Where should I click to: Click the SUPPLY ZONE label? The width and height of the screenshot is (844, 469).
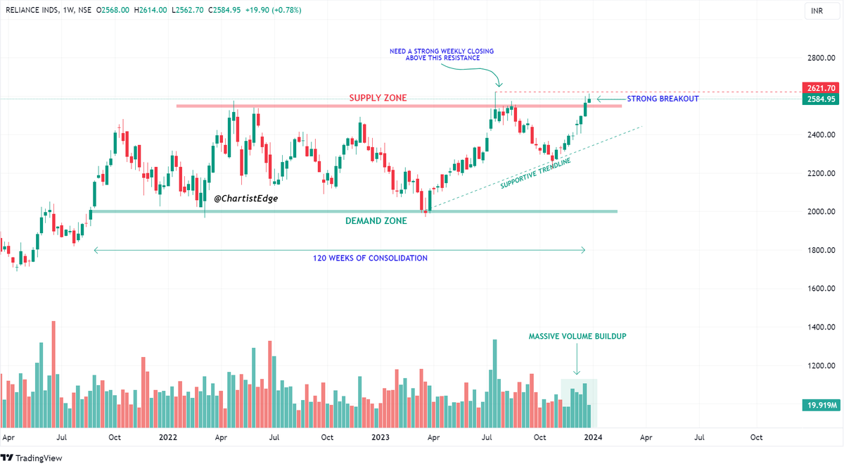click(x=378, y=98)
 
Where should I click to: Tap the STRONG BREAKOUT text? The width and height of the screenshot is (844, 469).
click(x=663, y=99)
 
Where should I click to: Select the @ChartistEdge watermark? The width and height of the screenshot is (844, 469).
click(x=245, y=199)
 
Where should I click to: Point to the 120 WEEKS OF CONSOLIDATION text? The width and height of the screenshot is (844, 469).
click(x=370, y=258)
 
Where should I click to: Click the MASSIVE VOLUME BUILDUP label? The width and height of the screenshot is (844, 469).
click(x=577, y=337)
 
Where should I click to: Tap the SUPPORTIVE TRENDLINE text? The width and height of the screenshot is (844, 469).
click(x=535, y=173)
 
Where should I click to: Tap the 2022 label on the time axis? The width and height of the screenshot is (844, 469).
click(x=168, y=437)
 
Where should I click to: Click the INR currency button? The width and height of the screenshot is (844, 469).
click(x=817, y=11)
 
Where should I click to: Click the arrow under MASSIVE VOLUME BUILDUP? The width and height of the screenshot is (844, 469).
click(x=577, y=363)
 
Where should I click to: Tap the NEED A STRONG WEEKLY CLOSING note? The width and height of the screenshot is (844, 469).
click(x=442, y=55)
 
